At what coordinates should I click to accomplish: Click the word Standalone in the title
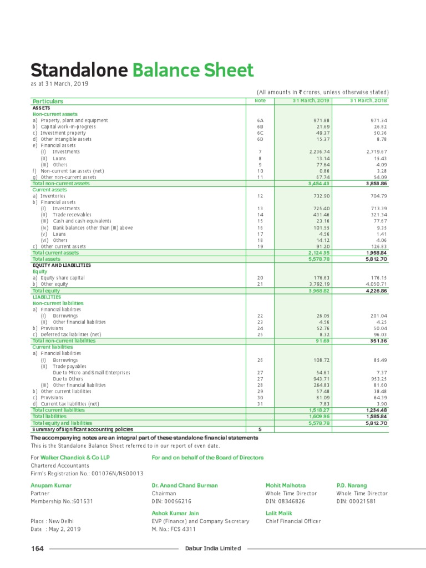coord(78,71)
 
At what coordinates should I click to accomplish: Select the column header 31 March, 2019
coord(311,100)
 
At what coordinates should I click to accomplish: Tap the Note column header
coord(260,100)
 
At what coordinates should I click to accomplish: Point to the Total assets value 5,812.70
coord(376,259)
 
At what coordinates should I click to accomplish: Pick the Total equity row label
coord(46,291)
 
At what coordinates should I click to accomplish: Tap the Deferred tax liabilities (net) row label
coord(70,334)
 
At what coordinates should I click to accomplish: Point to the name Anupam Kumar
coord(51,485)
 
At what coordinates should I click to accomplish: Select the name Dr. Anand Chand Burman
coord(185,485)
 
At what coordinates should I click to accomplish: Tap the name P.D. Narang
coord(352,485)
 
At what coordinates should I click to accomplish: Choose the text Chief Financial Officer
coord(293,521)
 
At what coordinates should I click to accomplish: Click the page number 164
coord(37,549)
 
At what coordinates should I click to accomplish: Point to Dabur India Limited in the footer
coord(213,549)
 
